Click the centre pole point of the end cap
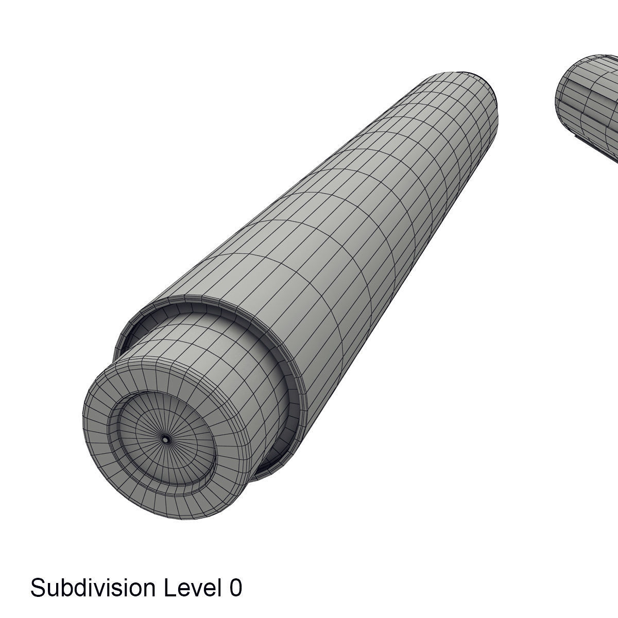(166, 439)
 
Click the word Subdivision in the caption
(93, 588)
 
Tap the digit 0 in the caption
(235, 588)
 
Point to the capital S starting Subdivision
(37, 588)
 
